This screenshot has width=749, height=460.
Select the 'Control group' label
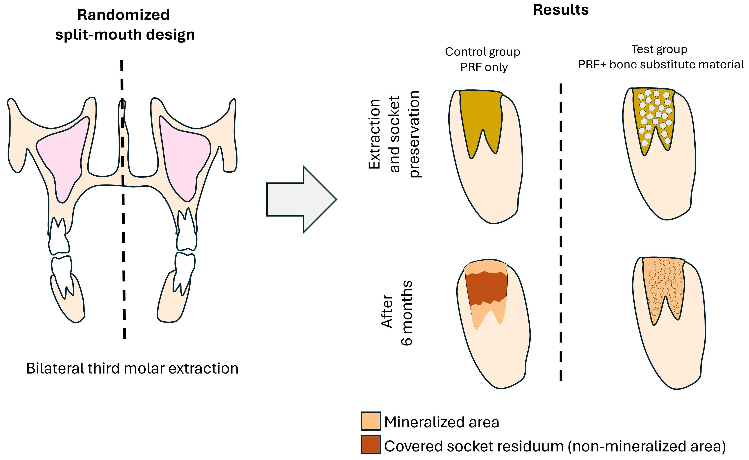pyautogui.click(x=482, y=52)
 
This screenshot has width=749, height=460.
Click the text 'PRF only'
pyautogui.click(x=484, y=67)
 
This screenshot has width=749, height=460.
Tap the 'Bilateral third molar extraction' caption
pyautogui.click(x=132, y=368)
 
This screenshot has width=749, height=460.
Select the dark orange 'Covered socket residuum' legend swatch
pyautogui.click(x=370, y=444)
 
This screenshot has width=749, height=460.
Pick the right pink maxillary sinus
pyautogui.click(x=184, y=155)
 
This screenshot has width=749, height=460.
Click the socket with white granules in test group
pyautogui.click(x=653, y=116)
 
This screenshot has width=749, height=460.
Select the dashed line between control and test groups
pyautogui.click(x=561, y=231)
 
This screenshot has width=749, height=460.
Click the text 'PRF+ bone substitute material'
pyautogui.click(x=661, y=64)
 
